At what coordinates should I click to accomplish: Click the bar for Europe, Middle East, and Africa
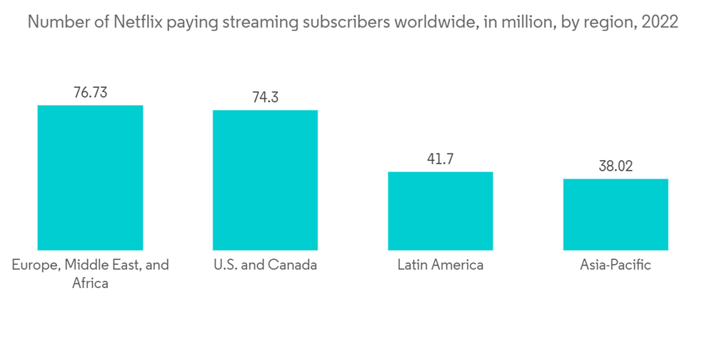click(x=90, y=177)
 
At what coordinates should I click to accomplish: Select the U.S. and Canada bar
click(x=265, y=180)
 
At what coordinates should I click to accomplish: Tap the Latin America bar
click(x=440, y=211)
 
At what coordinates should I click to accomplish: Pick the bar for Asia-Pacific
click(x=615, y=214)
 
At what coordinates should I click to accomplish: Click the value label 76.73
click(x=90, y=92)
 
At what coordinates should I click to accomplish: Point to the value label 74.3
click(x=265, y=97)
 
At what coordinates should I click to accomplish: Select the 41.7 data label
click(x=440, y=159)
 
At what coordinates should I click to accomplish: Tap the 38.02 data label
click(x=615, y=166)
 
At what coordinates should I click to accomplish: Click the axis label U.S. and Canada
click(x=265, y=265)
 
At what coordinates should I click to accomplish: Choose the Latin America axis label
click(x=440, y=265)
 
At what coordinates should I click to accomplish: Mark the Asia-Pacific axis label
click(x=615, y=265)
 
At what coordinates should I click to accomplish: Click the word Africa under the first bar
click(x=90, y=283)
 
